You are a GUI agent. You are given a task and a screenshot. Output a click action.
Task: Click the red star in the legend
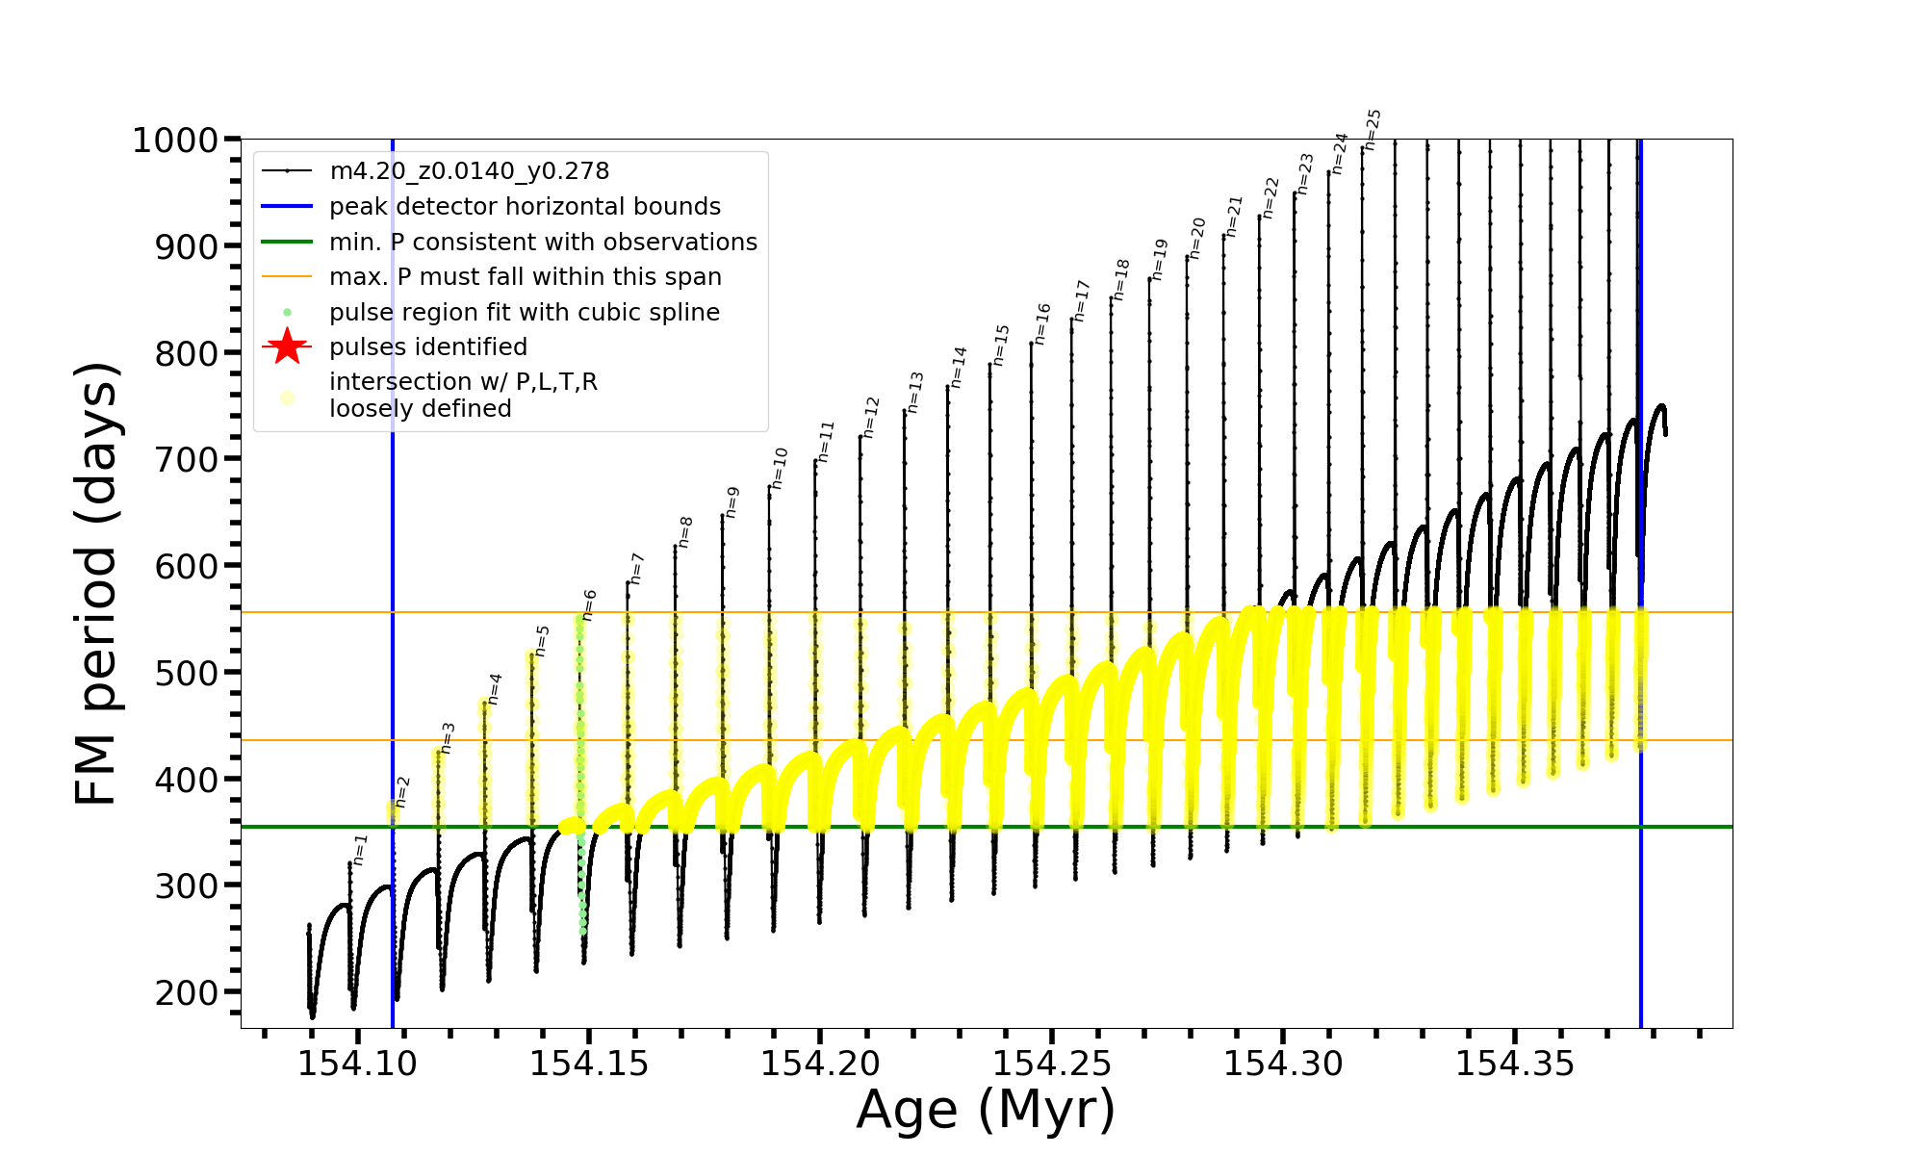pyautogui.click(x=287, y=346)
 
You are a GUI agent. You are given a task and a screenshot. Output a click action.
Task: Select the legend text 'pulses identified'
pyautogui.click(x=428, y=346)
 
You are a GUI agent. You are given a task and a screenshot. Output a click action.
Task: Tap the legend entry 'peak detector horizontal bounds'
pyautogui.click(x=525, y=206)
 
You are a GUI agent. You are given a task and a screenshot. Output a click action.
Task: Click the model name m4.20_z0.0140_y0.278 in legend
pyautogui.click(x=469, y=171)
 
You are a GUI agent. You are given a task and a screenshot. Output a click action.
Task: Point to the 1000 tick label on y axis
pyautogui.click(x=175, y=141)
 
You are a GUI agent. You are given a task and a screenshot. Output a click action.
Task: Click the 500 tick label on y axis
pyautogui.click(x=187, y=673)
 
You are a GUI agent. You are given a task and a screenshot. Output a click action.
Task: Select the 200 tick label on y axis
pyautogui.click(x=187, y=992)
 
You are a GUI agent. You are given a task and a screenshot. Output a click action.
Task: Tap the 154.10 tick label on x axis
pyautogui.click(x=357, y=1064)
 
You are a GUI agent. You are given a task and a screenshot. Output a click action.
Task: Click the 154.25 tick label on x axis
pyautogui.click(x=1051, y=1064)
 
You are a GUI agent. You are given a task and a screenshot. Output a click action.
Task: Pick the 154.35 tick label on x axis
pyautogui.click(x=1514, y=1064)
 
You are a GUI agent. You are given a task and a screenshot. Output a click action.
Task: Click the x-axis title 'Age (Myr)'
pyautogui.click(x=986, y=1110)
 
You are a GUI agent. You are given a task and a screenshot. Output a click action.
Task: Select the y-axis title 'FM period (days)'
pyautogui.click(x=96, y=583)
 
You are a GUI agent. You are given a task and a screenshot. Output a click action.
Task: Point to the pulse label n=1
pyautogui.click(x=359, y=849)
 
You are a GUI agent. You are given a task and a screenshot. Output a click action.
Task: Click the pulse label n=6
pyautogui.click(x=589, y=604)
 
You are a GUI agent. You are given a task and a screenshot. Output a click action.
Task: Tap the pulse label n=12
pyautogui.click(x=871, y=417)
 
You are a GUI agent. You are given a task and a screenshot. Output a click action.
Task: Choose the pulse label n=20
pyautogui.click(x=1196, y=238)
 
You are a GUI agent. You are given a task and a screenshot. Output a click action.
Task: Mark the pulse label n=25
pyautogui.click(x=1373, y=129)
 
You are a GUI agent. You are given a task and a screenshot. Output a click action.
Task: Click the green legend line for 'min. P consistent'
pyautogui.click(x=287, y=242)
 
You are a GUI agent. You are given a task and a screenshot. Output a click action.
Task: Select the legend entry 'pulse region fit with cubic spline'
pyautogui.click(x=524, y=312)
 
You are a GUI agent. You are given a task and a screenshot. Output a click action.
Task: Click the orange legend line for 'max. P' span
pyautogui.click(x=287, y=277)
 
